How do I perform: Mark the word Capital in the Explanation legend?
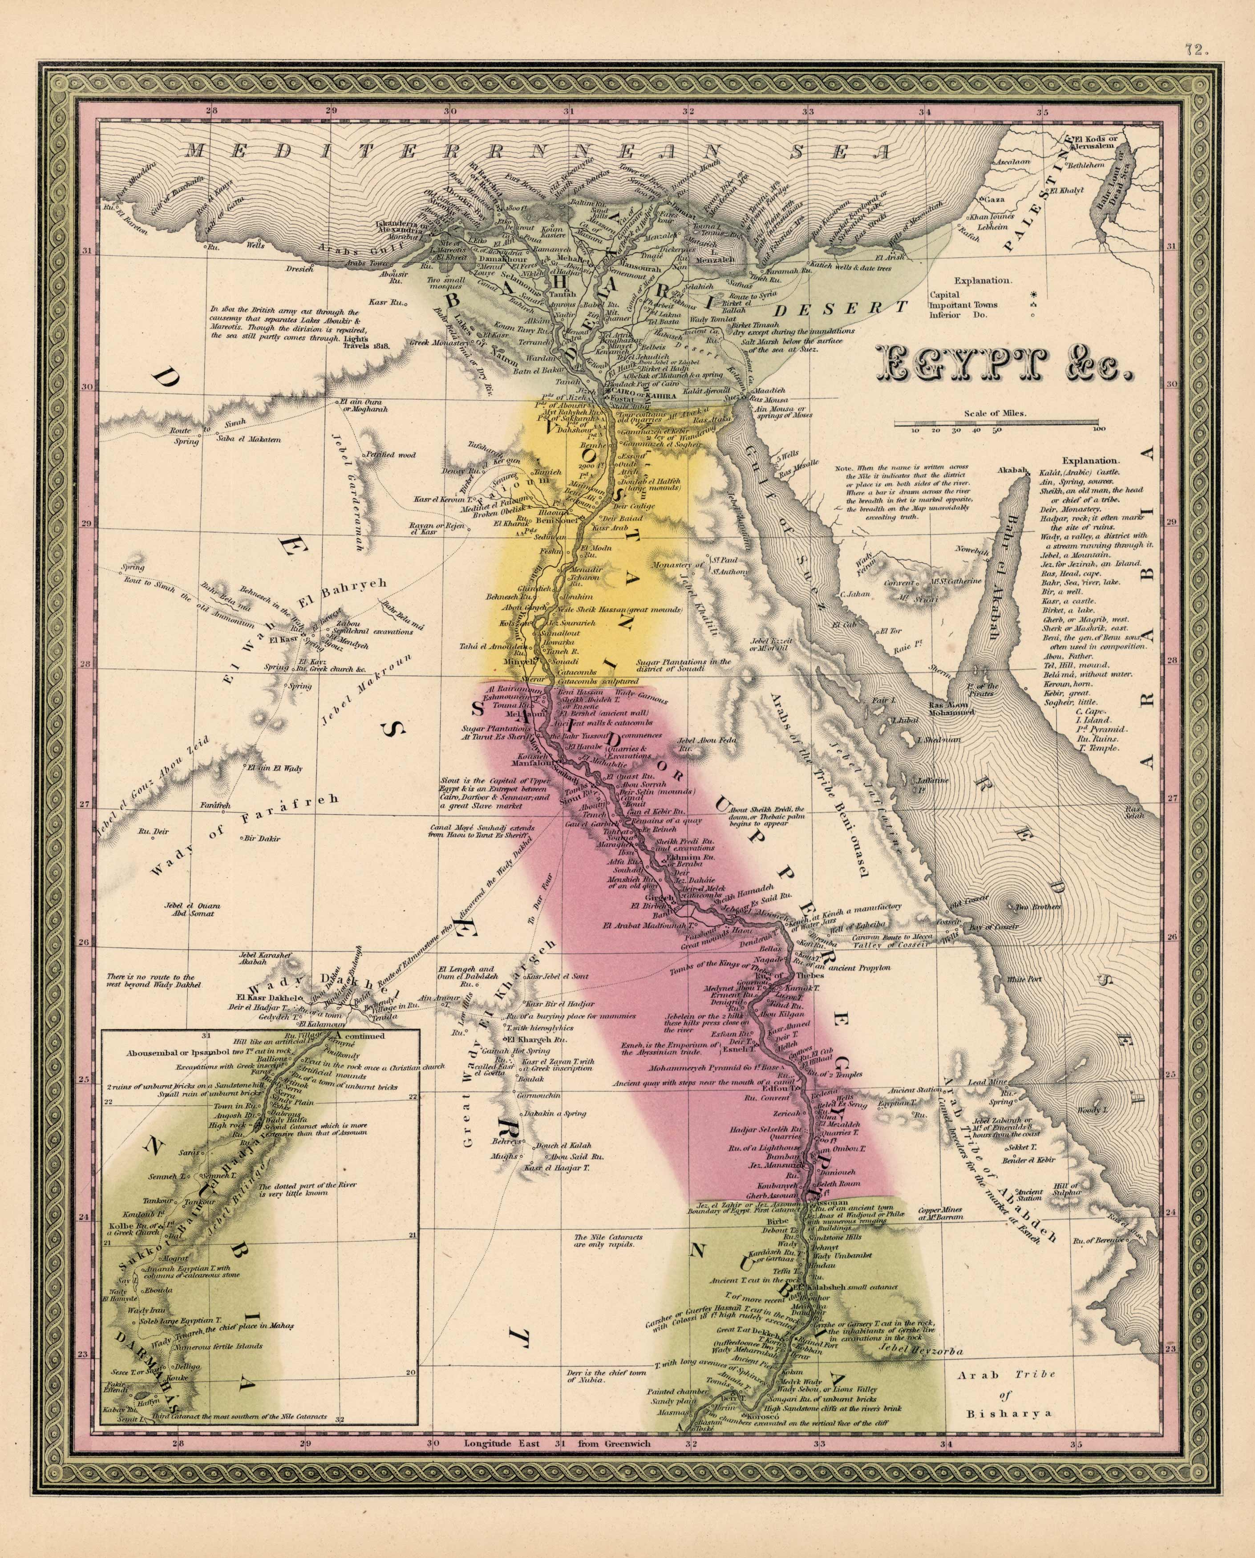coord(944,295)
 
